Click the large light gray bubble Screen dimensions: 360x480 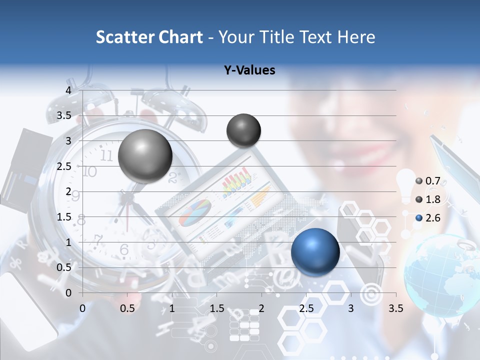pyautogui.click(x=145, y=156)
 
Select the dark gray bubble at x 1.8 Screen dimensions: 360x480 pyautogui.click(x=243, y=130)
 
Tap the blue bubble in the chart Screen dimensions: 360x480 pyautogui.click(x=315, y=251)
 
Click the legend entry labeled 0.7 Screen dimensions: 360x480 pyautogui.click(x=428, y=181)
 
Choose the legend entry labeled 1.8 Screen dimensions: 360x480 pyautogui.click(x=428, y=199)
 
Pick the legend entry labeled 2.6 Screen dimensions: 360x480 pyautogui.click(x=428, y=217)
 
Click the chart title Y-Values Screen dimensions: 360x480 pyautogui.click(x=249, y=70)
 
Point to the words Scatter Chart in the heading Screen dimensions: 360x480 pyautogui.click(x=149, y=37)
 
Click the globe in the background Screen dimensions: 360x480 pyautogui.click(x=440, y=275)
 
